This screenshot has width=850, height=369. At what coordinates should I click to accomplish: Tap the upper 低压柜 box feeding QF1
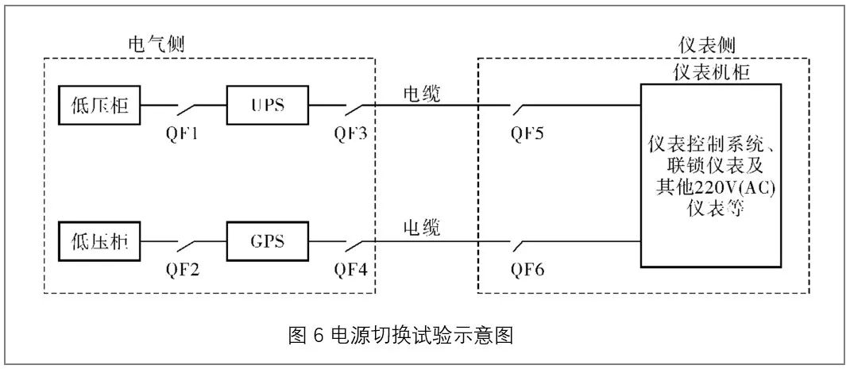[99, 106]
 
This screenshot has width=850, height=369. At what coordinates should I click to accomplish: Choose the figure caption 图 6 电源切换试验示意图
[401, 335]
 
